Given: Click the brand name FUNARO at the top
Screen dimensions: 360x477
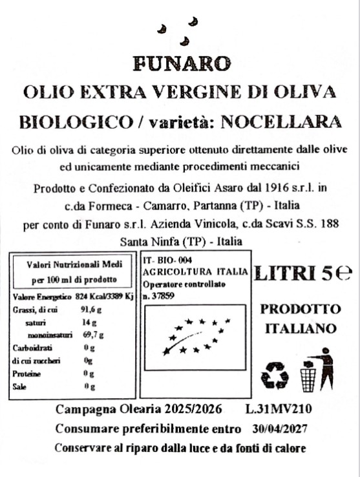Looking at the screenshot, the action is click(x=180, y=64).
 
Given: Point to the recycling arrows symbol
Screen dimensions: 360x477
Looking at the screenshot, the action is click(x=275, y=374).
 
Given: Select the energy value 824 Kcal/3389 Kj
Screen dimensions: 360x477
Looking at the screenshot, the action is click(x=104, y=297).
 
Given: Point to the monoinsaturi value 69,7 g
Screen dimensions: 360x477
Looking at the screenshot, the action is click(x=92, y=335).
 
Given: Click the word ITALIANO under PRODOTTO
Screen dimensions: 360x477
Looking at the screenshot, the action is click(x=301, y=328).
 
